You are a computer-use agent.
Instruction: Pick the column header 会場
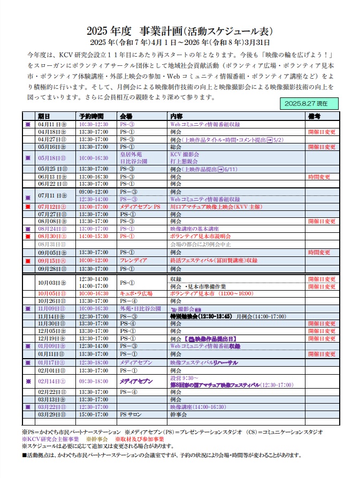[x=126, y=116]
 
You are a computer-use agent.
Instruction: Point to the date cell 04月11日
[x=51, y=124]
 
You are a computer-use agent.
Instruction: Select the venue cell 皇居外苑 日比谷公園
[x=133, y=157]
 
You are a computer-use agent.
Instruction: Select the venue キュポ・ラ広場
[x=135, y=293]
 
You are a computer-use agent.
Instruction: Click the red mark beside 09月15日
[x=28, y=261]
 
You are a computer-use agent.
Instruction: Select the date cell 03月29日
[x=51, y=414]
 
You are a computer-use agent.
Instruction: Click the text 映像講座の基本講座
[x=192, y=229]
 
